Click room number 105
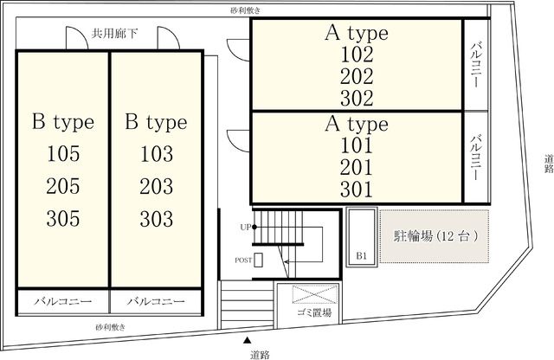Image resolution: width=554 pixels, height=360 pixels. click(62, 155)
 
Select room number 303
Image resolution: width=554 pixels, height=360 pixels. click(156, 217)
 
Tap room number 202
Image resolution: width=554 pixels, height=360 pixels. click(357, 75)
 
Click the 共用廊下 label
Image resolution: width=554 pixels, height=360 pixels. click(114, 33)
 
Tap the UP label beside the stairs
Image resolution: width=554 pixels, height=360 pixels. click(245, 228)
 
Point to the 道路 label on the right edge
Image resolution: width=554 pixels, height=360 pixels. click(547, 164)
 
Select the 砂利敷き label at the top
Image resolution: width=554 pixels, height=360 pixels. click(245, 10)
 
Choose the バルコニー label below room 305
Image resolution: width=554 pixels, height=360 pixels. click(62, 302)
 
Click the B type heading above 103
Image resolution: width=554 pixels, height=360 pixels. click(156, 122)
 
